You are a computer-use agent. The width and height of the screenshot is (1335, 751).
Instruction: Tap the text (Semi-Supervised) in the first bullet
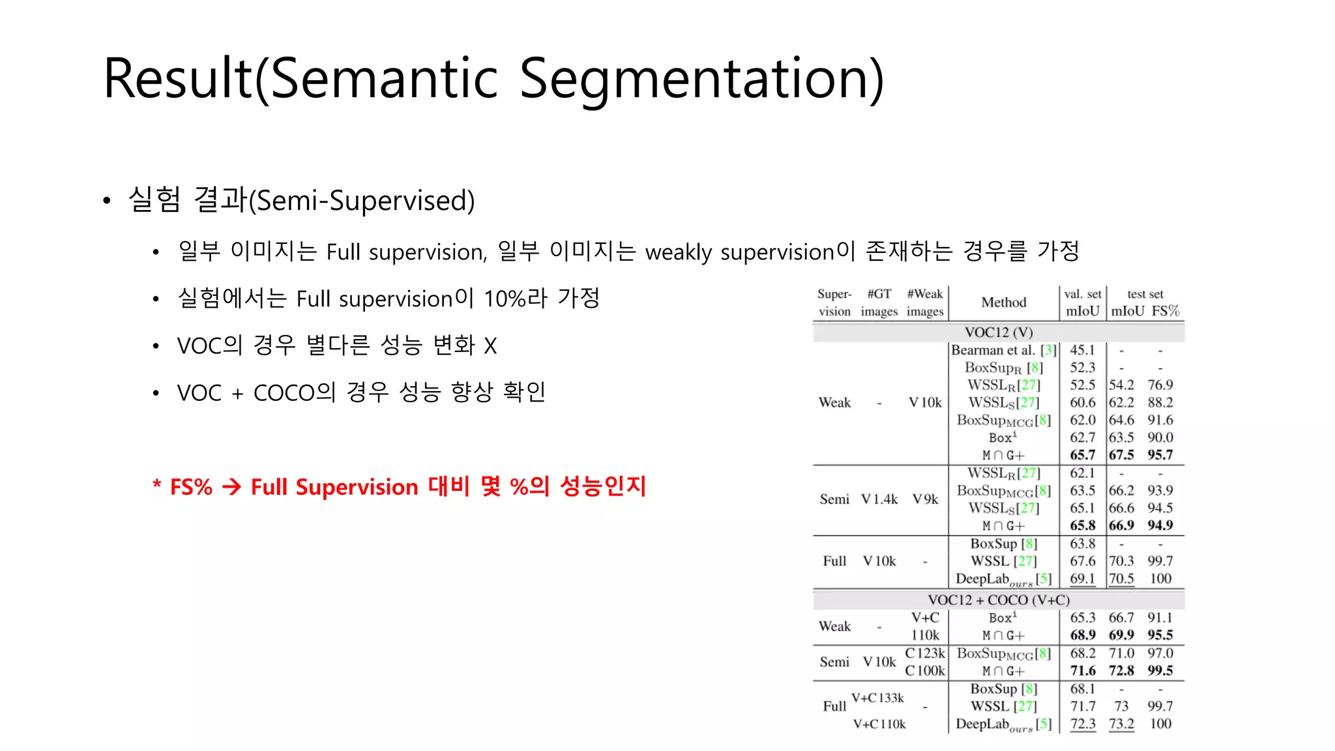click(x=362, y=201)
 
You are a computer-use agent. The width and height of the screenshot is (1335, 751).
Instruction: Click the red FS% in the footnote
click(x=191, y=487)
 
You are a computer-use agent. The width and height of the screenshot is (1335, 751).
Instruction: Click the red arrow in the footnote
click(x=231, y=487)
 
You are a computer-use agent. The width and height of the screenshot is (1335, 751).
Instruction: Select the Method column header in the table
click(x=1003, y=302)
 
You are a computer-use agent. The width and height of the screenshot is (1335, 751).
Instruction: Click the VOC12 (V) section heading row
click(x=998, y=332)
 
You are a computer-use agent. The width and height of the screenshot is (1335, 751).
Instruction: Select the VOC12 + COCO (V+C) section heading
click(x=998, y=600)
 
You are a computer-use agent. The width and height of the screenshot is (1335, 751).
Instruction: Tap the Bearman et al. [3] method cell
click(x=1003, y=350)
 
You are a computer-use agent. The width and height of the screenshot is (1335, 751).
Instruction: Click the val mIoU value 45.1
click(x=1082, y=350)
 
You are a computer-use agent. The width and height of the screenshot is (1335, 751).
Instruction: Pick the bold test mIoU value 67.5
click(x=1121, y=455)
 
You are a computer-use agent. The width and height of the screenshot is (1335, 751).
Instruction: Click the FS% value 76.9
click(x=1160, y=385)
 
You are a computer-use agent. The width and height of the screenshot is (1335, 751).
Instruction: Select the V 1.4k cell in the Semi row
click(x=879, y=499)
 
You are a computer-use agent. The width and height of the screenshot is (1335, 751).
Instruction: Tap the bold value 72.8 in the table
click(x=1121, y=671)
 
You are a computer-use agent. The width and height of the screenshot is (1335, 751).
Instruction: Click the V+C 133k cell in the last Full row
click(x=877, y=698)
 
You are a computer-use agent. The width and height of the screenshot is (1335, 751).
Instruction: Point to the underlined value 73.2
click(x=1121, y=724)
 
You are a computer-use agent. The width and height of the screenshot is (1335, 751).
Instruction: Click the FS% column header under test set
click(x=1165, y=311)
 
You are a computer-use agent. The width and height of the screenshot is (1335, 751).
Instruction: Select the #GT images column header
click(x=879, y=302)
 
